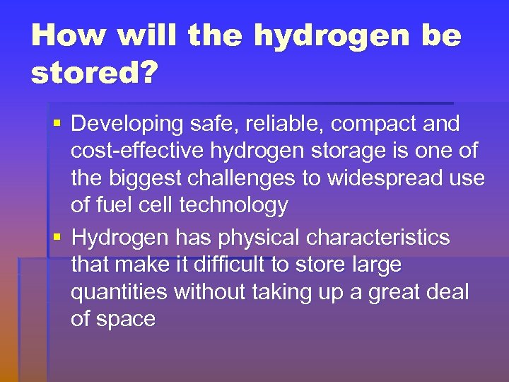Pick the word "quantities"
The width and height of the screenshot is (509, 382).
pyautogui.click(x=119, y=292)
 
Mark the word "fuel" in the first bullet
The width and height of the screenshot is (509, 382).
pyautogui.click(x=111, y=206)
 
